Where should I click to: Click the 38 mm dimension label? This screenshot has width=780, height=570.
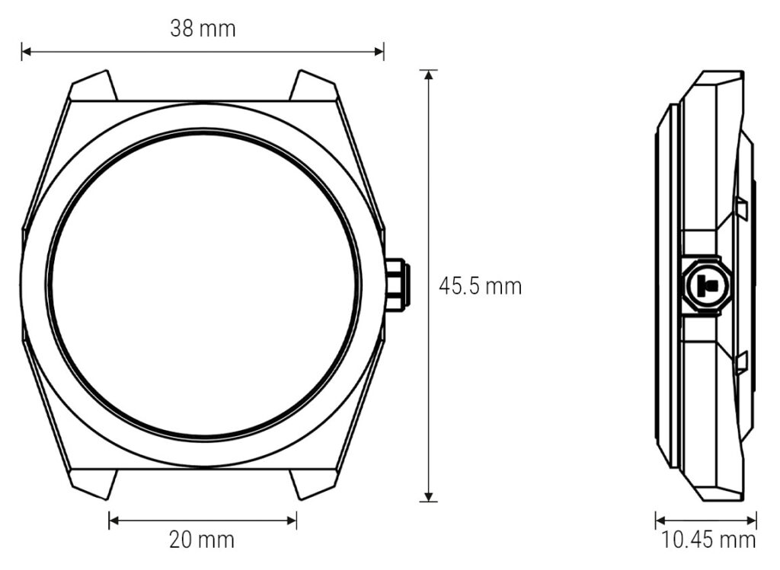(x=202, y=29)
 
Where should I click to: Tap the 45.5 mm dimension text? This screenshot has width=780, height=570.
(x=480, y=287)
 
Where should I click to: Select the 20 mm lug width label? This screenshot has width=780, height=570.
(x=202, y=540)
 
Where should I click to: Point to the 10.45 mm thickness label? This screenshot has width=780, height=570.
(x=708, y=540)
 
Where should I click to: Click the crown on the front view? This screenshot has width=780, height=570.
(x=397, y=285)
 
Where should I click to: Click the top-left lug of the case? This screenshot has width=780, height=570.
(x=93, y=86)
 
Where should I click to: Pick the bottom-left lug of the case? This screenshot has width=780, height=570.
(x=93, y=483)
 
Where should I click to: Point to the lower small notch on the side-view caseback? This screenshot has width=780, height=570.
(x=740, y=362)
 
